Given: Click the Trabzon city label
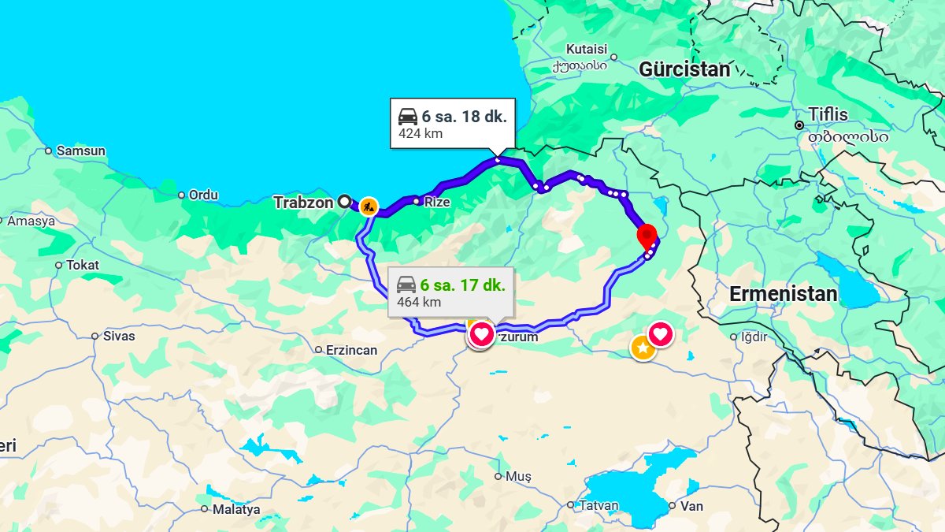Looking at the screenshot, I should [x=303, y=203].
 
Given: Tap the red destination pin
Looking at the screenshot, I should [x=647, y=236].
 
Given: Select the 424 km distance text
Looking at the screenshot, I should [x=421, y=133].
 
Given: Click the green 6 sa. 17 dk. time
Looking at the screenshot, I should [x=462, y=285].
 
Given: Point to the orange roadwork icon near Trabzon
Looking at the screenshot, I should [x=369, y=207].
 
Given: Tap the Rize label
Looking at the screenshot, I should [x=437, y=203].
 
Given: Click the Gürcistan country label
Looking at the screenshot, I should [x=684, y=69].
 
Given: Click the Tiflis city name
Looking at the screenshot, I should [x=828, y=115].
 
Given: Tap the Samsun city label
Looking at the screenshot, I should [x=81, y=151].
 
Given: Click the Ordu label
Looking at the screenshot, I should [x=203, y=195].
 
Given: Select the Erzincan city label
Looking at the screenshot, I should [x=351, y=350].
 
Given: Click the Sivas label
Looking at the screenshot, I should [x=119, y=336].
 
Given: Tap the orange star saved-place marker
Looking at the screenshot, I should [x=643, y=347].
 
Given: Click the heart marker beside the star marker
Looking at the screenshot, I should [x=660, y=334].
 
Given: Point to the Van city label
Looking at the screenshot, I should [x=691, y=506].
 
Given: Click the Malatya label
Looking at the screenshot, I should [x=236, y=509].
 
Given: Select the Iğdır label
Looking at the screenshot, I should [x=754, y=337].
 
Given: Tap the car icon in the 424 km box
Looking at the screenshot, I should [x=408, y=117].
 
